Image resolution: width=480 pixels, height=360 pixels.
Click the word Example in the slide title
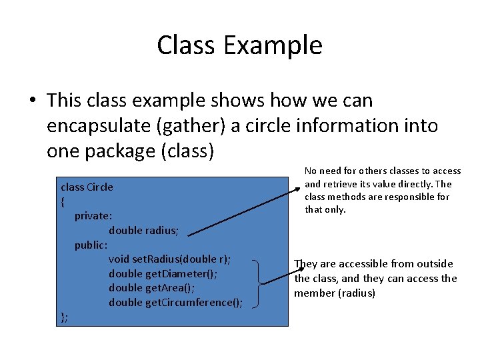coord(273,45)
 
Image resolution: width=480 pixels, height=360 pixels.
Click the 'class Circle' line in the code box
coord(87,187)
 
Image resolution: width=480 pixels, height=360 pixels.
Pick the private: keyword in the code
coord(93,216)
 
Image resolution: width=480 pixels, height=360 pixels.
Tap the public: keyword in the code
coord(91,245)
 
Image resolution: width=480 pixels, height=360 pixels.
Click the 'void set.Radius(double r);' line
coord(170,259)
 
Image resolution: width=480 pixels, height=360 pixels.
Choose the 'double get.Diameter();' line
coord(163,274)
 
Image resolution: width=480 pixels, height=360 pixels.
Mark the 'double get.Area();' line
coord(152,289)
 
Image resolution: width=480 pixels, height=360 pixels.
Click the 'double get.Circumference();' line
coord(175,303)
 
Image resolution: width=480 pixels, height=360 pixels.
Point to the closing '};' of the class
coord(64,317)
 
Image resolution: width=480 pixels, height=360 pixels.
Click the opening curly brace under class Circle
coord(63,201)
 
